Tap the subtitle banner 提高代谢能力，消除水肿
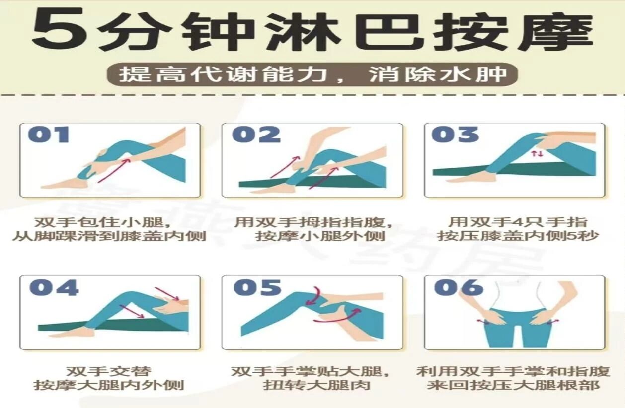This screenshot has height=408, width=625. (x=312, y=74)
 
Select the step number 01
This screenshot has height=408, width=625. (x=49, y=135)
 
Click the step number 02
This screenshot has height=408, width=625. (x=256, y=135)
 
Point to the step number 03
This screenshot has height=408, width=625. (x=455, y=135)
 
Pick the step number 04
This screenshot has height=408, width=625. (x=54, y=287)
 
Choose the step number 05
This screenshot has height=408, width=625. (x=257, y=287)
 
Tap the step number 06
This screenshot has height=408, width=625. (x=459, y=287)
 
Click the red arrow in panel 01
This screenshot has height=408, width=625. (x=114, y=170)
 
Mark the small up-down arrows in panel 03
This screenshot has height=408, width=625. (x=537, y=153)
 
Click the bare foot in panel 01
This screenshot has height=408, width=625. (x=64, y=183)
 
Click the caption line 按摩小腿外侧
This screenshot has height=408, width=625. (x=320, y=236)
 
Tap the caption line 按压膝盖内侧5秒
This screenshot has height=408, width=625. (x=518, y=236)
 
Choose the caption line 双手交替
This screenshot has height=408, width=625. (x=109, y=371)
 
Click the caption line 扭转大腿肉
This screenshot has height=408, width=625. (x=316, y=386)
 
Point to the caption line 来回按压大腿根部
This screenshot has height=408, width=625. (x=513, y=386)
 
